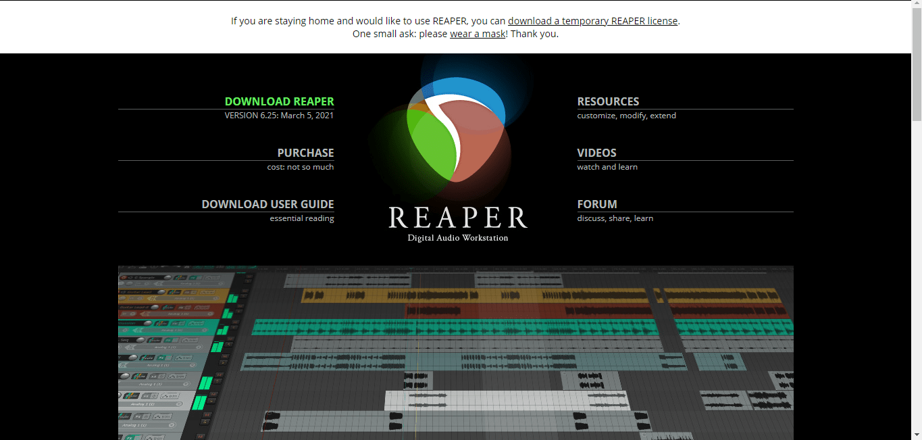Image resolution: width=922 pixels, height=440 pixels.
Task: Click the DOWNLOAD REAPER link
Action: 279,101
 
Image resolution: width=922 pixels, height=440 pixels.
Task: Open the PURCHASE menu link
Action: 305,153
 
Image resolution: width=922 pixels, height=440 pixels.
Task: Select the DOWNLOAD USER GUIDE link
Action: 267,204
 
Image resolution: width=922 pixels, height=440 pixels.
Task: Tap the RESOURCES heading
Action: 608,101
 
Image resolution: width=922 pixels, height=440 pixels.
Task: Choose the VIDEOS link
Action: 596,153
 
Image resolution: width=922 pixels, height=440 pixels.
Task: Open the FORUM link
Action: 597,204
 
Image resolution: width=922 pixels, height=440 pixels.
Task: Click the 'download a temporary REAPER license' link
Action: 592,21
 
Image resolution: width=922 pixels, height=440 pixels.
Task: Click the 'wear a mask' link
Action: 478,34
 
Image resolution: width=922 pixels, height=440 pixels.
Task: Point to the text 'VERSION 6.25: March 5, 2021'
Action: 279,116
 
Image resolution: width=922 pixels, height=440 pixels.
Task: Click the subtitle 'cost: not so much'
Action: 301,167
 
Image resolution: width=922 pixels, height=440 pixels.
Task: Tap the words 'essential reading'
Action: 302,218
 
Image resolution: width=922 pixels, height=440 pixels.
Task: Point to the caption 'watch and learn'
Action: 607,167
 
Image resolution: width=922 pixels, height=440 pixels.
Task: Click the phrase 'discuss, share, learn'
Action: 615,218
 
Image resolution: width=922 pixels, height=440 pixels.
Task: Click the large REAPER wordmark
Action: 458,218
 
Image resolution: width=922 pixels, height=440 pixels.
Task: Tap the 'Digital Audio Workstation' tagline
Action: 458,238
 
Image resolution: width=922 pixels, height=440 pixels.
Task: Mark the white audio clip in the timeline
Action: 507,400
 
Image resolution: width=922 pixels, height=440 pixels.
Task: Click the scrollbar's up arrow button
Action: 916,5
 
